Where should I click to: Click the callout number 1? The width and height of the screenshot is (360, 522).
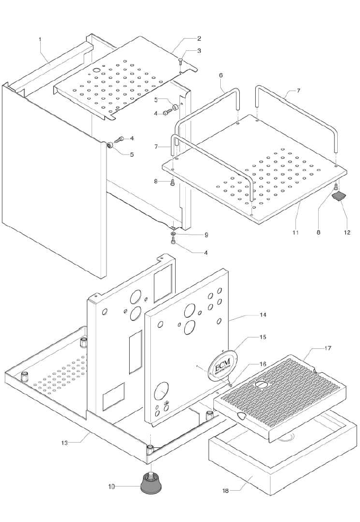pyautogui.click(x=41, y=40)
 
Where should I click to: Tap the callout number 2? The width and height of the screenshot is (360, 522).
pyautogui.click(x=199, y=38)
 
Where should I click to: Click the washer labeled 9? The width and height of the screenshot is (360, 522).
pyautogui.click(x=174, y=233)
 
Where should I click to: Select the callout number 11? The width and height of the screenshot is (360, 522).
pyautogui.click(x=295, y=232)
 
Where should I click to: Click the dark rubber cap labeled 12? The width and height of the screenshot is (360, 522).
pyautogui.click(x=338, y=197)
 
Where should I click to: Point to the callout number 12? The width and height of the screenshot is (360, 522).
pyautogui.click(x=347, y=232)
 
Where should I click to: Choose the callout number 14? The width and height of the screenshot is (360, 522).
pyautogui.click(x=263, y=316)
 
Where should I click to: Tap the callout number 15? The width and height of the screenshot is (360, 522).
pyautogui.click(x=263, y=337)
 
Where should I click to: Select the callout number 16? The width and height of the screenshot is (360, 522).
pyautogui.click(x=263, y=365)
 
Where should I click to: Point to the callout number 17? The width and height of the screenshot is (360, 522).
pyautogui.click(x=328, y=348)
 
